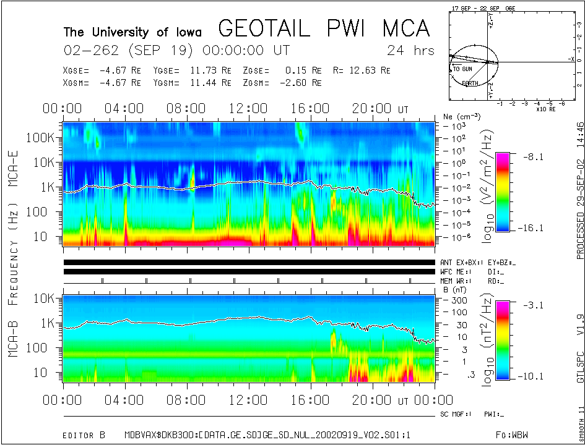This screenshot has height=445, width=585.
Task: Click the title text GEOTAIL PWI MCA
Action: tap(324, 29)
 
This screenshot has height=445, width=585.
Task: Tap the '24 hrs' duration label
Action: tap(410, 50)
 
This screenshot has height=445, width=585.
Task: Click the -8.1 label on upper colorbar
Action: tap(532, 157)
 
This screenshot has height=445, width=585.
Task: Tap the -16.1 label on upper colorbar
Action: tap(532, 228)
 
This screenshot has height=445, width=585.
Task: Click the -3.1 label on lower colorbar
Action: tap(532, 305)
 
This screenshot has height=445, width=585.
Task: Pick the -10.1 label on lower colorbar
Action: tap(532, 376)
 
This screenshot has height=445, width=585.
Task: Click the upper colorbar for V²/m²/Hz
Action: tap(504, 192)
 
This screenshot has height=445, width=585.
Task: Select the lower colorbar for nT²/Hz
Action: tap(504, 340)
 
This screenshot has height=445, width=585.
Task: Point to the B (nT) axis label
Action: tap(450, 289)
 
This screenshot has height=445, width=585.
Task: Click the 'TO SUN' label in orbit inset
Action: tap(462, 69)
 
